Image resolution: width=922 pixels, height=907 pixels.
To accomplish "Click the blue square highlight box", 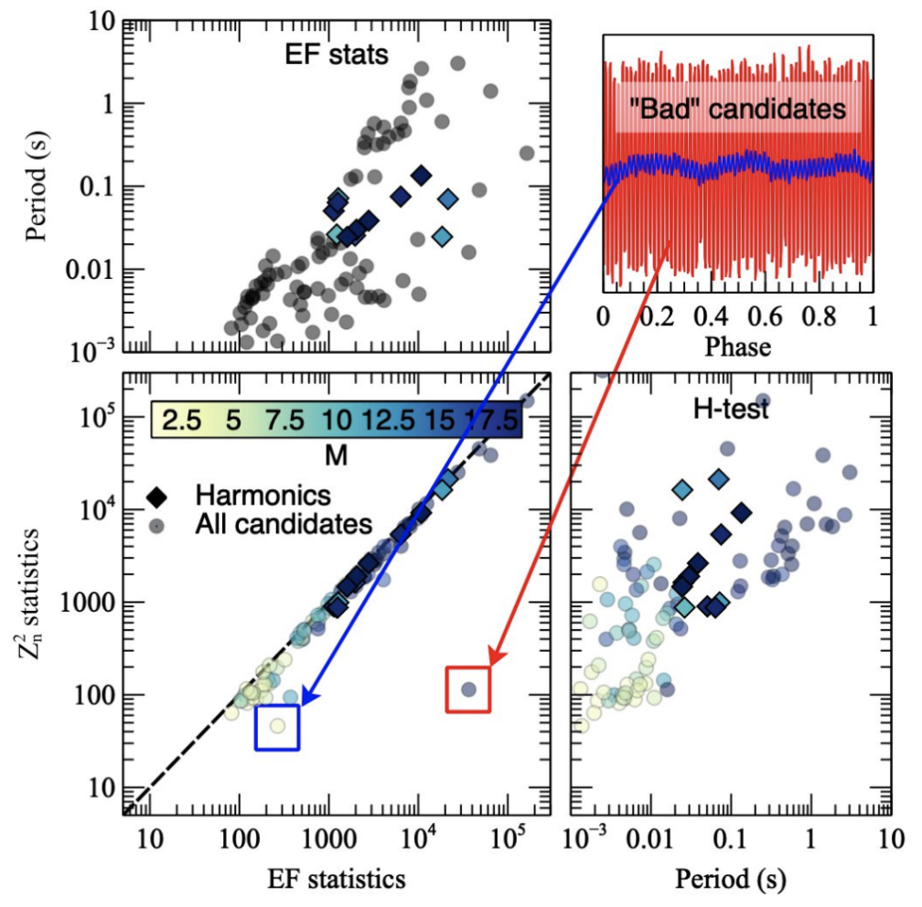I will pyautogui.click(x=278, y=728).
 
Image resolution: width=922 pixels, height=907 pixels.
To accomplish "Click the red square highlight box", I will pyautogui.click(x=468, y=688).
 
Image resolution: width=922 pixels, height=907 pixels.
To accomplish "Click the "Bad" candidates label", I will pyautogui.click(x=739, y=111).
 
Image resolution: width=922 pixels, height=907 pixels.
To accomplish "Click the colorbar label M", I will pyautogui.click(x=335, y=454).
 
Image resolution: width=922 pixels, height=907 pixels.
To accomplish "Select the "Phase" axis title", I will pyautogui.click(x=738, y=347).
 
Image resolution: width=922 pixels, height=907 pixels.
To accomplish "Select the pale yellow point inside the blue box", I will pyautogui.click(x=277, y=726).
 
